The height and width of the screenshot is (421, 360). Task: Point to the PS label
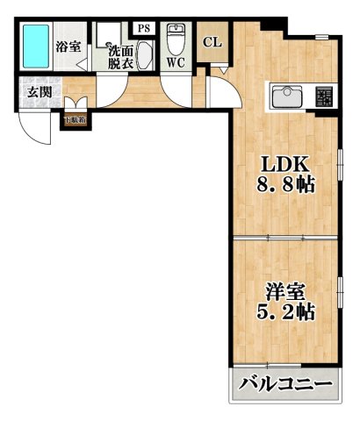coord(144,28)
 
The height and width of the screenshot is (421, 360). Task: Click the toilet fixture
coord(176,40)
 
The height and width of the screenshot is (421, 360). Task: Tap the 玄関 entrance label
coord(37,91)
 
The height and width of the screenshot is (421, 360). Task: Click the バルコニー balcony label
coord(285,384)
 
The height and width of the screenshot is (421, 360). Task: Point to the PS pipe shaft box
coord(144,28)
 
